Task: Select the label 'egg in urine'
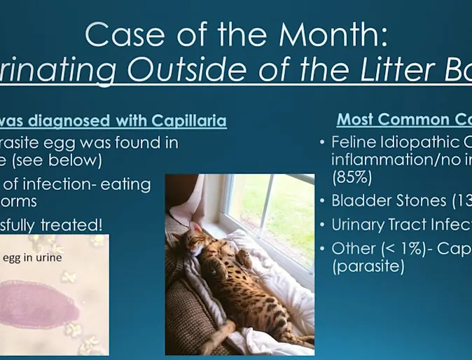(32, 258)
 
